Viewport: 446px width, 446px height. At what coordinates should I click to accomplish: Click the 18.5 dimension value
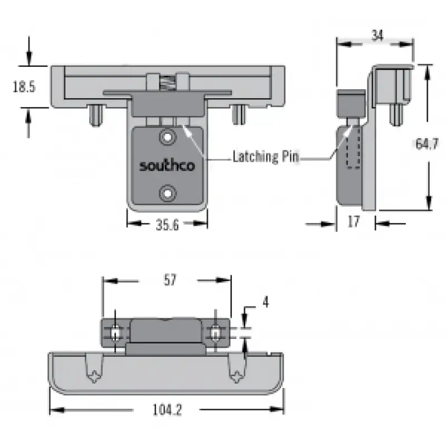coord(24,86)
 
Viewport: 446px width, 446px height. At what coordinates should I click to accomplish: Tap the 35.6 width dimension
coord(167,225)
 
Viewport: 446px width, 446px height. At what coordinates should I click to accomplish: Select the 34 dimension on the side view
coord(377,36)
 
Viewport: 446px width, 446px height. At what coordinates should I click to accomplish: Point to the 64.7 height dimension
coord(426,144)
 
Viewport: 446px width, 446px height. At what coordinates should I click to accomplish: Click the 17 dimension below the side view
coord(353,221)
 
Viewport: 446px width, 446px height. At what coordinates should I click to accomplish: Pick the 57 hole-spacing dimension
coord(170,280)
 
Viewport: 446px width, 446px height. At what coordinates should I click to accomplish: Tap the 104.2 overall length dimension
coord(167,410)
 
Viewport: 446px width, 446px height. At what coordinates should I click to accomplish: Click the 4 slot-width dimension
coord(266,302)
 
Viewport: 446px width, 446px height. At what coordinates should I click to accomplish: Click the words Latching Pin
coord(266,157)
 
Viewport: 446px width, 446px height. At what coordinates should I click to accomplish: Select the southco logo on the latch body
coord(167,165)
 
